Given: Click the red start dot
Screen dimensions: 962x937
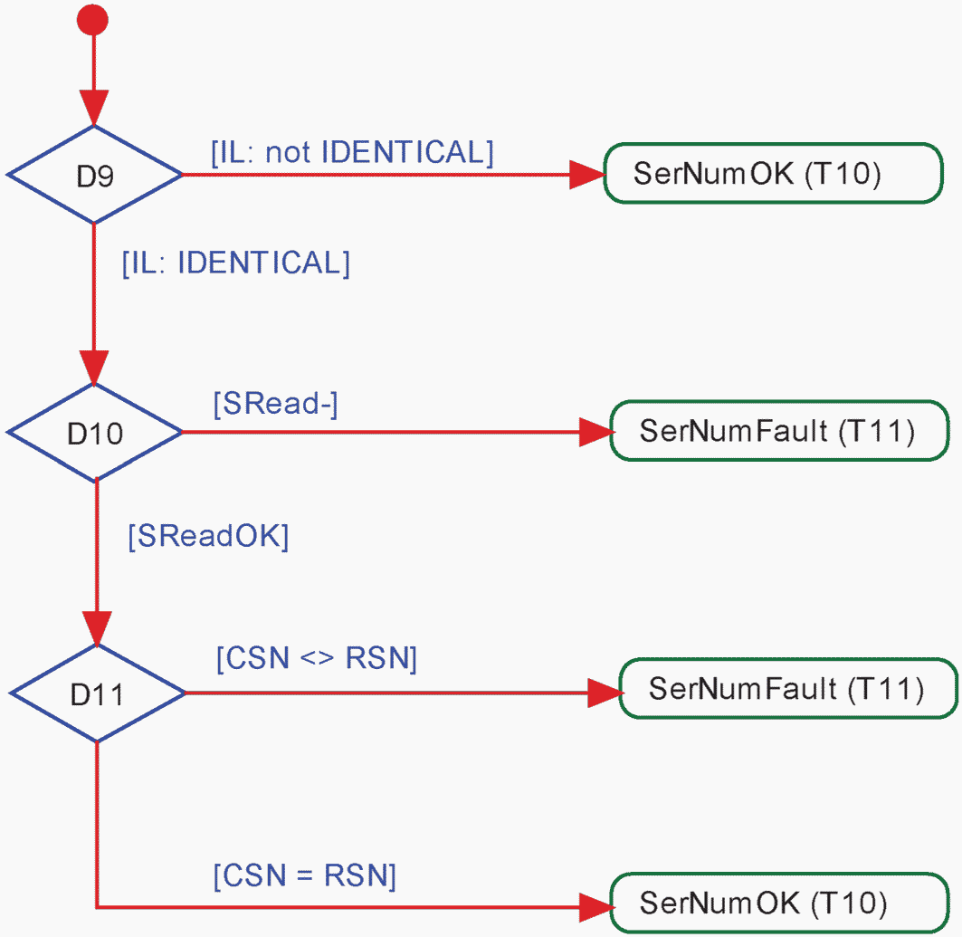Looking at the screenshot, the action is (92, 20).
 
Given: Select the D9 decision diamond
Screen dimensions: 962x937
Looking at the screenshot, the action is (94, 175).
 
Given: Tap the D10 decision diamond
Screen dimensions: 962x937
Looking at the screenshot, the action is (94, 433).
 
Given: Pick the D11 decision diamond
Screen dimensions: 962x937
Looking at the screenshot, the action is (97, 693).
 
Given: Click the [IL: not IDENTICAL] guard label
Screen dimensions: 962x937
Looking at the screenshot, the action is (352, 152).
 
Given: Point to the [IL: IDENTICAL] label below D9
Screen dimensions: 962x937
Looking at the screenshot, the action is (236, 263).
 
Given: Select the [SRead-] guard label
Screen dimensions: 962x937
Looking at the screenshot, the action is (275, 404).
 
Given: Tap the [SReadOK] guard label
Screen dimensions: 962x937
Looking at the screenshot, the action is (208, 536).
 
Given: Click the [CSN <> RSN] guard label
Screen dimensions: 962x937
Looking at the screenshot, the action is (317, 658).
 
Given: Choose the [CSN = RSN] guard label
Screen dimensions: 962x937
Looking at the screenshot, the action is (304, 875).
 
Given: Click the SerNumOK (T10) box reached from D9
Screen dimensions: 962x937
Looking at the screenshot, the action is (774, 173).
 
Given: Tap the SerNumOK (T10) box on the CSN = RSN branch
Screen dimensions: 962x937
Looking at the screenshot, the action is (780, 903).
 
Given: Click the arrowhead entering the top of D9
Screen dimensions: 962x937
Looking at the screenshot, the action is (94, 108).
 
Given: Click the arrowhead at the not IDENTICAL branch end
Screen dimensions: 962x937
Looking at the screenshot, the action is (587, 175).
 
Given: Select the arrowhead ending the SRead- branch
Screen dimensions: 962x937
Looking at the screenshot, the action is (596, 433).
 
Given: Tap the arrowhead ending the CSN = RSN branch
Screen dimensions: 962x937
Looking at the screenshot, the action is (596, 907).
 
